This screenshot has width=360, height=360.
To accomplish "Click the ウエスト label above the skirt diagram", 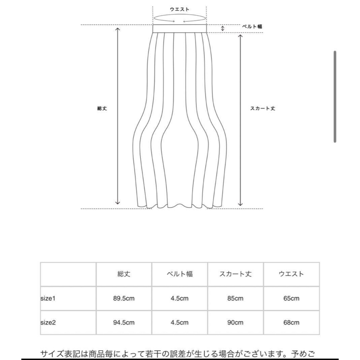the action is point(180,9).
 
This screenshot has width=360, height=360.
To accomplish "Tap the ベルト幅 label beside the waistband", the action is point(252,26).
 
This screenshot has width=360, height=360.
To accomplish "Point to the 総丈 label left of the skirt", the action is point(102,109).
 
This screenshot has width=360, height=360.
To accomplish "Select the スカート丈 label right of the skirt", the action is point(262,109).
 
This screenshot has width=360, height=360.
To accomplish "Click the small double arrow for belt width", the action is point(222,28).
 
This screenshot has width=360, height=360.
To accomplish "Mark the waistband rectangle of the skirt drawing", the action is point(180,28).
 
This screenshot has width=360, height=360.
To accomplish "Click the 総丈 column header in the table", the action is point(124,274).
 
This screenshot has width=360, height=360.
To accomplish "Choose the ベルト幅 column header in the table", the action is point(180,274).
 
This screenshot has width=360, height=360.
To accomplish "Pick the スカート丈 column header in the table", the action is point(235,274).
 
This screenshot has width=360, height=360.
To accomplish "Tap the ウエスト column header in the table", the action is point(291,274).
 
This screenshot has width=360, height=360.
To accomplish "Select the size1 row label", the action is point(48,298).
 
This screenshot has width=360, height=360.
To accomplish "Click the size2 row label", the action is point(48,323).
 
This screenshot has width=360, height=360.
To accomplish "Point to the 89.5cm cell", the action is point(124,298).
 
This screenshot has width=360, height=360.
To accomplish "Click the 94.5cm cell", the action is point(124,323).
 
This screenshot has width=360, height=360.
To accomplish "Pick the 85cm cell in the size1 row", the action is point(235,298).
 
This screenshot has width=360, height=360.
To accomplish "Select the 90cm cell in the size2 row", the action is point(235,323).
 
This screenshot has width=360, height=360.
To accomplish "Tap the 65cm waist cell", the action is point(291,298).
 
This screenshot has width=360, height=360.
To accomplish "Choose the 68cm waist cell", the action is point(291,323).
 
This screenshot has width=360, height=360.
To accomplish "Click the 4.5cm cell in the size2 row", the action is point(180,323).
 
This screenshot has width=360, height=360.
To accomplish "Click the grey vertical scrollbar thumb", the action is point(335,97).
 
